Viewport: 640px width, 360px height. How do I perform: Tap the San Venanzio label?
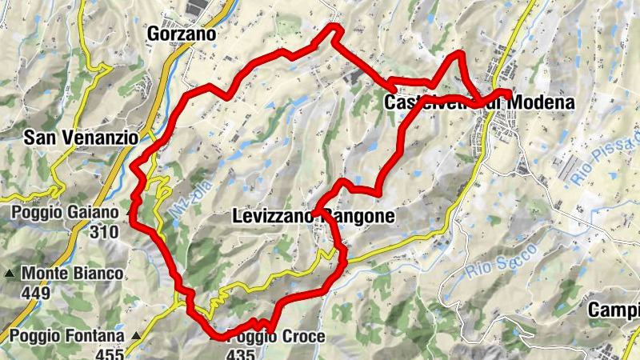click(81, 138)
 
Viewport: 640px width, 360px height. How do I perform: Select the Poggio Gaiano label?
click(66, 213)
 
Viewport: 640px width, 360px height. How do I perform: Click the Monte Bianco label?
click(72, 274)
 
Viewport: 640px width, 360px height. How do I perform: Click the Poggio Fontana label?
click(67, 336)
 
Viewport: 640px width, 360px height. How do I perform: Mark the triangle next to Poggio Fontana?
click(136, 336)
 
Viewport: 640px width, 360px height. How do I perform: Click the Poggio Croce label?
click(276, 337)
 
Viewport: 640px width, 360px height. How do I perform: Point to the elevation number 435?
click(242, 354)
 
